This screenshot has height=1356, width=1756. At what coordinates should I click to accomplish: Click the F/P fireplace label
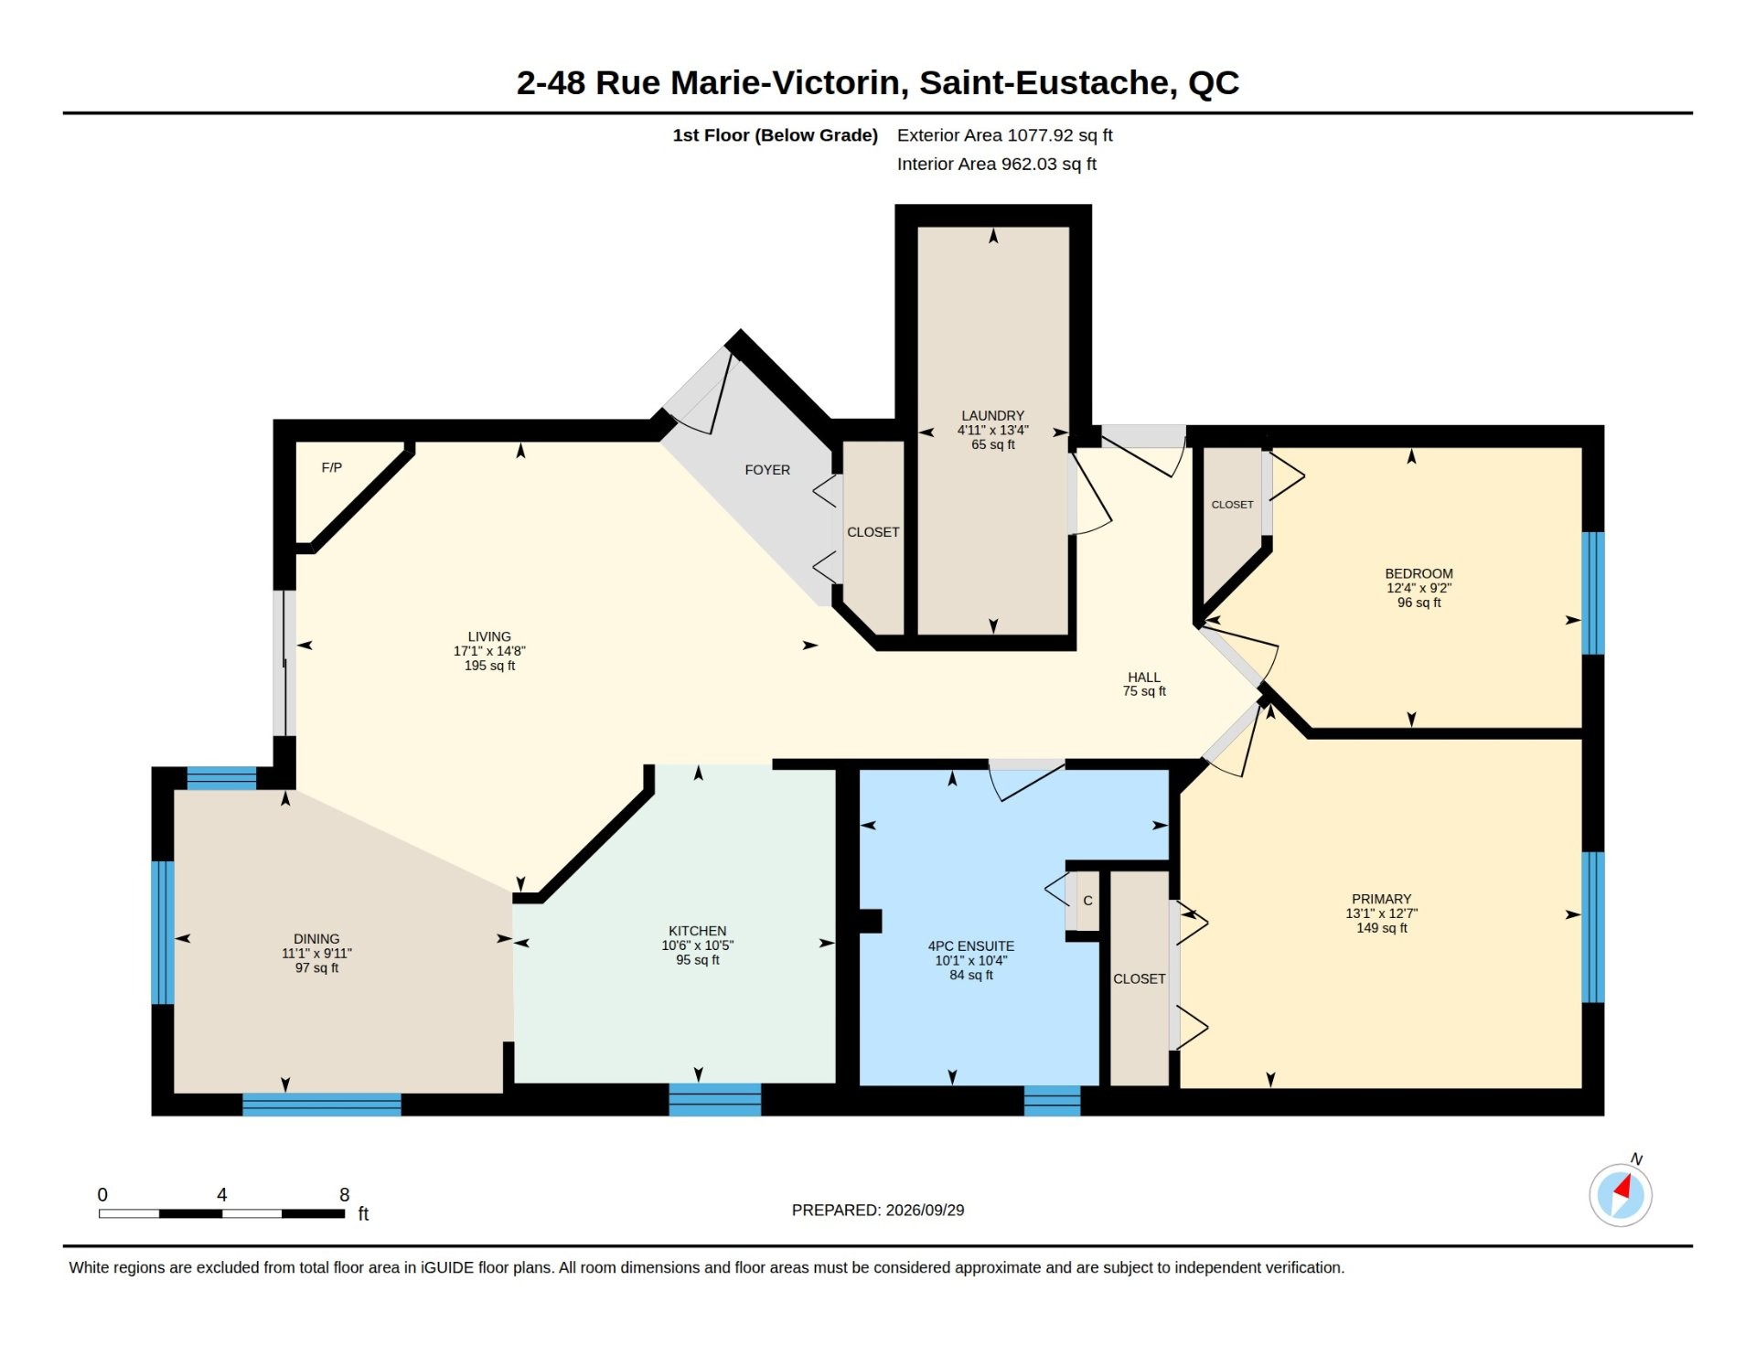tap(332, 467)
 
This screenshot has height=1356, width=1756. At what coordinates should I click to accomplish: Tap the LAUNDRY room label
tap(992, 415)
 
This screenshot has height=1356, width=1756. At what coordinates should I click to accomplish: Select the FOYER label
tap(767, 470)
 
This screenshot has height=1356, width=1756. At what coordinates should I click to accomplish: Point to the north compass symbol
tap(1621, 1194)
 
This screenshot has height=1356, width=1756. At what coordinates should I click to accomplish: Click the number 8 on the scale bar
tap(345, 1194)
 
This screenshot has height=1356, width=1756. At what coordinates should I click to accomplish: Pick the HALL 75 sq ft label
tap(1144, 684)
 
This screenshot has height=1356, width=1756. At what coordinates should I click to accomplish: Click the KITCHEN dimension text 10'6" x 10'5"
tap(698, 945)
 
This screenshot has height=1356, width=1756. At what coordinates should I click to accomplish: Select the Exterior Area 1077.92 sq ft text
tap(1004, 135)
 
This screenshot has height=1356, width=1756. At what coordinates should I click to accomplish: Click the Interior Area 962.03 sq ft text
tap(996, 164)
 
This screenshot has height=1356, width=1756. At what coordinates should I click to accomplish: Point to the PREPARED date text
tap(878, 1210)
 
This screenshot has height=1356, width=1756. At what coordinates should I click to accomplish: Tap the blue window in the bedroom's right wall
tap(1593, 593)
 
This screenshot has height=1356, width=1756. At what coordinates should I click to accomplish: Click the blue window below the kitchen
tap(715, 1100)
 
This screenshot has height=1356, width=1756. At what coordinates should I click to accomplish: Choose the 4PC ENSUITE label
tap(971, 946)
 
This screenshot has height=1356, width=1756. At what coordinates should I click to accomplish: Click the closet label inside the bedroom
tap(1233, 505)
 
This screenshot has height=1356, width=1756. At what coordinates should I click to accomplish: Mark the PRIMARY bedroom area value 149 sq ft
tap(1382, 928)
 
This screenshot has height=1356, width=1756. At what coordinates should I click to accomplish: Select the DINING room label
tap(316, 939)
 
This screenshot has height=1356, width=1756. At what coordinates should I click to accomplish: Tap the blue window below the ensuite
tap(1052, 1101)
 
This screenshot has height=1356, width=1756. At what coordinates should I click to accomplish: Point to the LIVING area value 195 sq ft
tap(489, 666)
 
